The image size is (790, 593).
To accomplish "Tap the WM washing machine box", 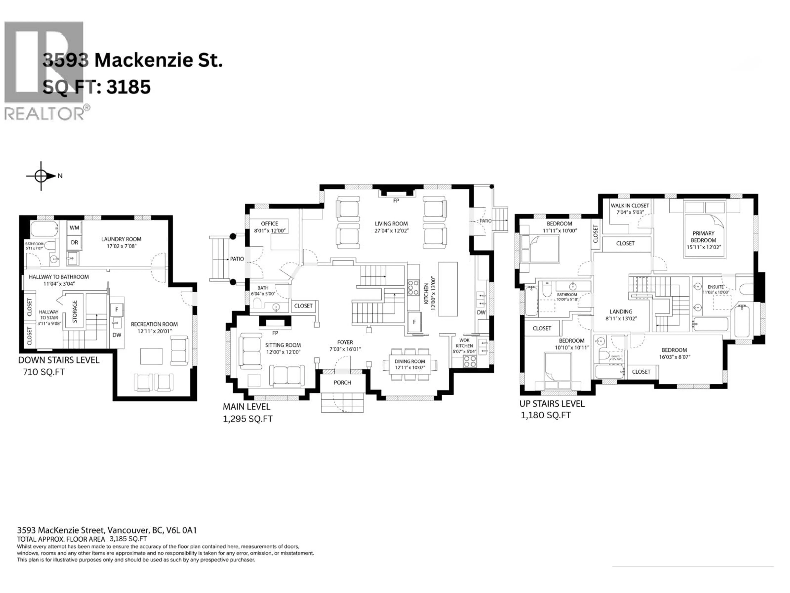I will pos(74,228).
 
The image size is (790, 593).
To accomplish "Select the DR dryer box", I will pos(74,242).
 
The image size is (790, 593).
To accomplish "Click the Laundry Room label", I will pos(121,239).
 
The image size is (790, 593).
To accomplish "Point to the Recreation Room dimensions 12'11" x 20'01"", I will pos(154,331).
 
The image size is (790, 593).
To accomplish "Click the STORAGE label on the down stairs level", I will pos(75,311).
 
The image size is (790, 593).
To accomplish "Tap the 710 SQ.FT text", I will pos(44,372).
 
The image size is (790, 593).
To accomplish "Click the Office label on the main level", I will pos(269,223).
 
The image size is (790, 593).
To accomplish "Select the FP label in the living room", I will pos(396,201).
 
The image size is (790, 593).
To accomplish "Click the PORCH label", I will pos(342,383).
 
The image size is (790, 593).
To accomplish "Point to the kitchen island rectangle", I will pos(448,289).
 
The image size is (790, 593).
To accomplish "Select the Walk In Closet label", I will pos(630,205).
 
